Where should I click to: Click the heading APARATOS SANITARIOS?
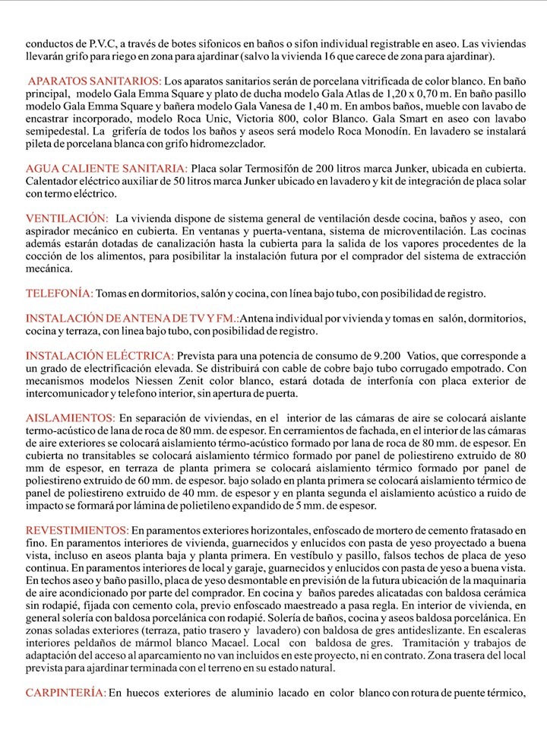(94, 81)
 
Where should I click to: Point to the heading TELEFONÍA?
(60, 293)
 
